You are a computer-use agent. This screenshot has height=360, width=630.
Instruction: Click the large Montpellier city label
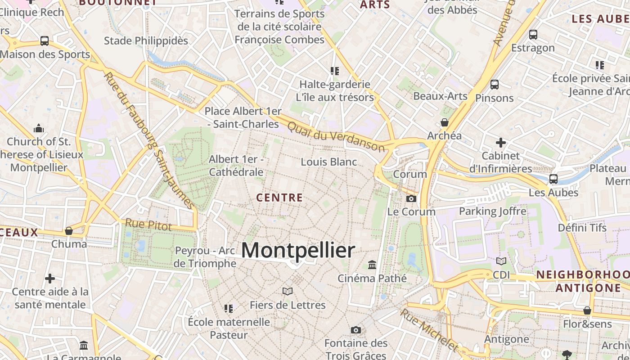[x=298, y=250]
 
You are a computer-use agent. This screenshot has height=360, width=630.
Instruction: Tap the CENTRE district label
[x=279, y=198]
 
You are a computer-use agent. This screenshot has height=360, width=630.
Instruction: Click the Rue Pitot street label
[x=148, y=225]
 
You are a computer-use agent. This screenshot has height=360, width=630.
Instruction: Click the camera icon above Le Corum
[x=411, y=198]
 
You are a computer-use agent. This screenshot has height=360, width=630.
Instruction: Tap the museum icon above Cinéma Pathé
[x=372, y=265]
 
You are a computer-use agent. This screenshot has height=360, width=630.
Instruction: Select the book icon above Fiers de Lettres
[x=288, y=292]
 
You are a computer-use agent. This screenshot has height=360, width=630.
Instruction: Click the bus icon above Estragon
[x=533, y=34]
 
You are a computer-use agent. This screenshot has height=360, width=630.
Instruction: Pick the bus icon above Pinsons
[x=495, y=85]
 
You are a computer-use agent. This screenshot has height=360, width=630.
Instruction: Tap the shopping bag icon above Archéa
[x=445, y=122]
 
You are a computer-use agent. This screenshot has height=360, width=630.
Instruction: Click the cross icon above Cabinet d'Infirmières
[x=501, y=143]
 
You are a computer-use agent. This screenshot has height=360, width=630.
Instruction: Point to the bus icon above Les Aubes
[x=553, y=179]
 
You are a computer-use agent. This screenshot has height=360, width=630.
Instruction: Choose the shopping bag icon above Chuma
[x=69, y=231]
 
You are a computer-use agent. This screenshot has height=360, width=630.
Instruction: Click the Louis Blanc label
[x=329, y=162]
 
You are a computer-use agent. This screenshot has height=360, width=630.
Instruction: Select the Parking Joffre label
[x=492, y=211]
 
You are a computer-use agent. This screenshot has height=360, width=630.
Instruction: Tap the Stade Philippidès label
[x=146, y=41]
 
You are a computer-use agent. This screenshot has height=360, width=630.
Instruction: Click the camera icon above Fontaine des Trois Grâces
[x=356, y=330]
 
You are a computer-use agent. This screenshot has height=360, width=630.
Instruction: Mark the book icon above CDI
[x=501, y=261]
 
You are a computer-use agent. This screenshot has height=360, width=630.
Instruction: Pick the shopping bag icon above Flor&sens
[x=587, y=310]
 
